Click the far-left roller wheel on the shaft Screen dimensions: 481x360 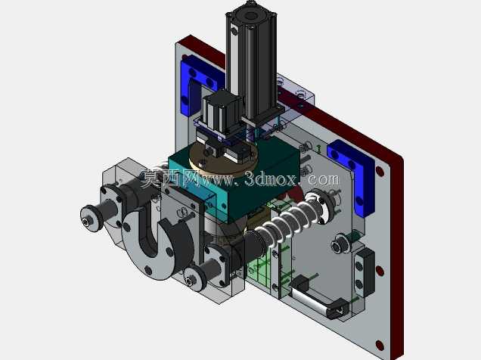(92, 219)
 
